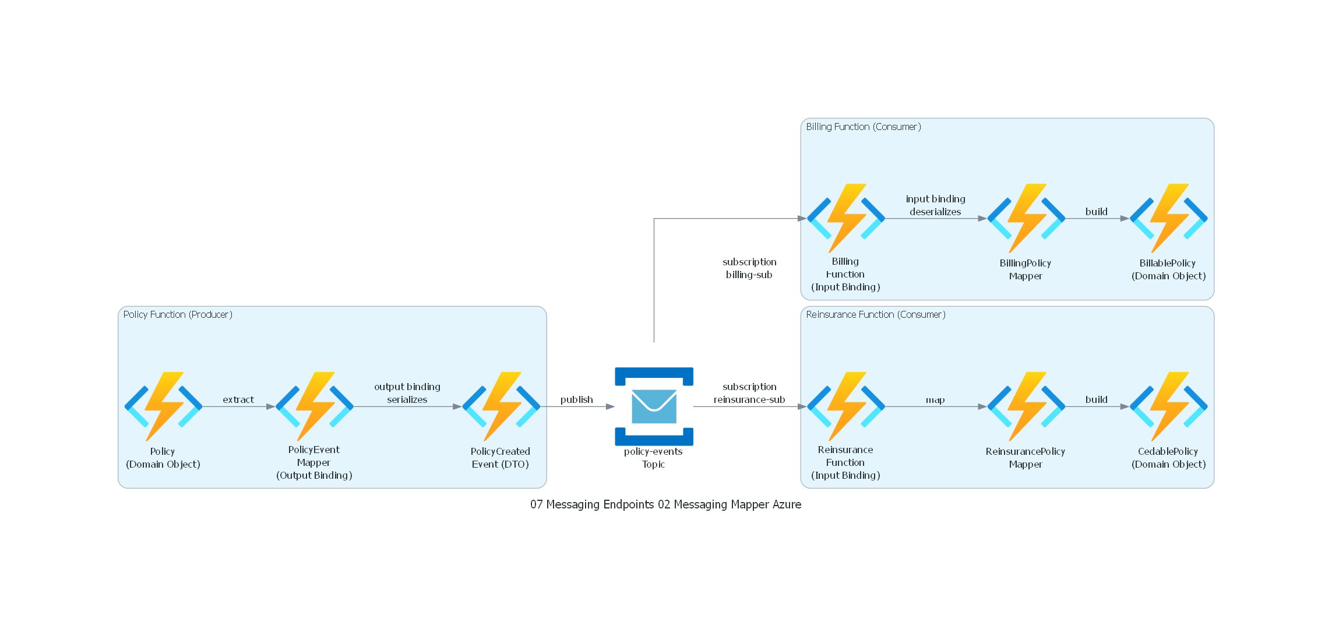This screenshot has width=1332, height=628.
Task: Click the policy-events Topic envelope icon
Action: (654, 406)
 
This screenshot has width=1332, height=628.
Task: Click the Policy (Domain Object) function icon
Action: (163, 406)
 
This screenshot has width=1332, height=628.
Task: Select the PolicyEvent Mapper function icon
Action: (314, 406)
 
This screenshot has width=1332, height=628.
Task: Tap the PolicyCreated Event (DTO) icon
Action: (501, 406)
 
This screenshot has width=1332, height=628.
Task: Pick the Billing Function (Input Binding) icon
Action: (845, 219)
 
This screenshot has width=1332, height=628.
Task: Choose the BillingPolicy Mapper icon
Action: (1026, 219)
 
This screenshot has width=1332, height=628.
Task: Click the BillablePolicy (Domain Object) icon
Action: (1168, 219)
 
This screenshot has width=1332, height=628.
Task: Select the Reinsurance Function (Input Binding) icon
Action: (845, 406)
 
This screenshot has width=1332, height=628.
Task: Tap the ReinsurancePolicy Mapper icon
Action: (1026, 406)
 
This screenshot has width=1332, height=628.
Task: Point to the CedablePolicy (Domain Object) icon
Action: (1168, 406)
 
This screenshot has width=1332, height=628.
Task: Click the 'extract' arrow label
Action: (238, 399)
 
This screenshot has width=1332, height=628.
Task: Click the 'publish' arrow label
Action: (576, 399)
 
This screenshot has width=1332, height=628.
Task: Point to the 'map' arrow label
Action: (935, 400)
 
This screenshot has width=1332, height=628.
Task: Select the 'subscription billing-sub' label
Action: (749, 268)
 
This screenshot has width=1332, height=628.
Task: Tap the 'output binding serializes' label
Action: (407, 393)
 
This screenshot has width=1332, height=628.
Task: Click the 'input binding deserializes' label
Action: (935, 205)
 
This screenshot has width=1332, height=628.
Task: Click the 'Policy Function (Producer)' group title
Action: (178, 315)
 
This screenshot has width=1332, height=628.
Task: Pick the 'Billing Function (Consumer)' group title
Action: (864, 127)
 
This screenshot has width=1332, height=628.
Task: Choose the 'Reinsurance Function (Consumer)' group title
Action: (876, 315)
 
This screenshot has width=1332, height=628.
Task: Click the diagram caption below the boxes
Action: (665, 504)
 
